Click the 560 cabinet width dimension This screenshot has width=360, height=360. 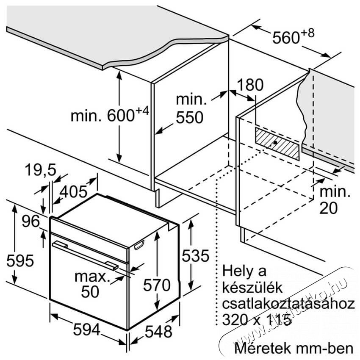(x=293, y=36)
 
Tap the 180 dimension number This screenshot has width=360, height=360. (x=250, y=85)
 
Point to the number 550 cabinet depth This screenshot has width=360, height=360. (x=190, y=117)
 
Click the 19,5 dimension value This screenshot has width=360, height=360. (x=40, y=170)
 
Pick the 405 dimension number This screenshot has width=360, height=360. (x=73, y=192)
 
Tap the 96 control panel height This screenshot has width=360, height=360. (x=31, y=222)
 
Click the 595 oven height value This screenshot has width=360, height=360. (x=20, y=260)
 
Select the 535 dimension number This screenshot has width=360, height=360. (x=196, y=255)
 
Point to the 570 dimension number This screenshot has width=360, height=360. (x=157, y=285)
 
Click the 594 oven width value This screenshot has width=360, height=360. (x=87, y=330)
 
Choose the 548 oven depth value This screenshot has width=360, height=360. (x=159, y=331)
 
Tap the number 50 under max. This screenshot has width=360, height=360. (x=90, y=292)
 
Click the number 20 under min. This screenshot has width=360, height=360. (x=329, y=208)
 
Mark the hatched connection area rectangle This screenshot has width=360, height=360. (x=277, y=144)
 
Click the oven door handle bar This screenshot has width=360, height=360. (x=85, y=255)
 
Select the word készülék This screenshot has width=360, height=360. (x=252, y=288)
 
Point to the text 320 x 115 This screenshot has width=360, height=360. (x=257, y=319)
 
